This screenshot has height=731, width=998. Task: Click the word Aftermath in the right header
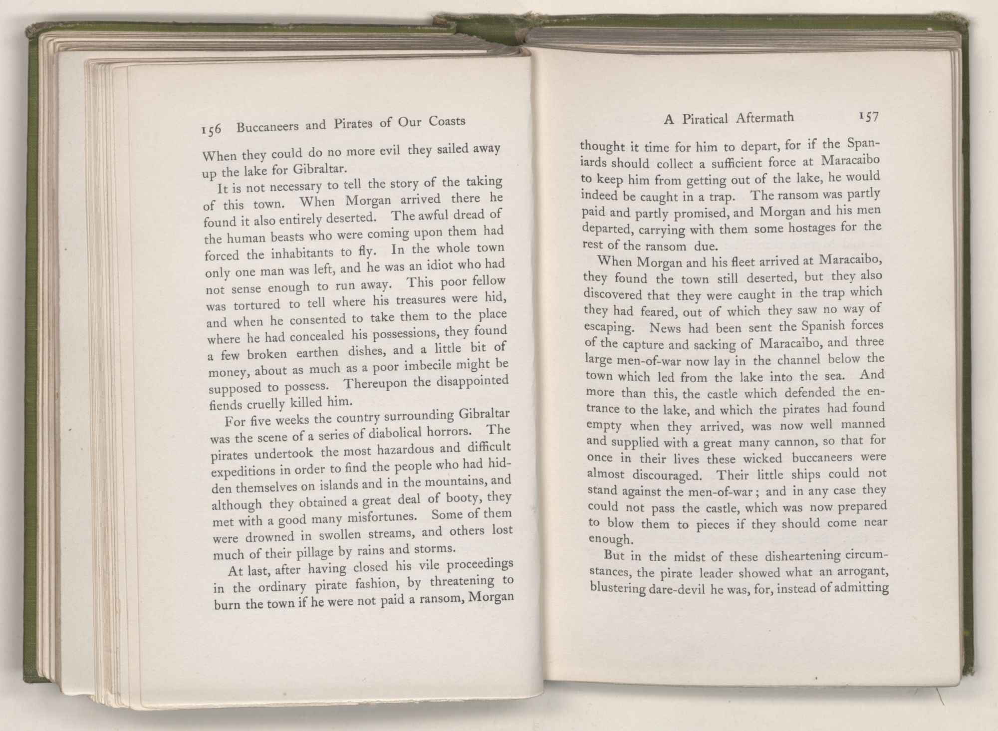[764, 118]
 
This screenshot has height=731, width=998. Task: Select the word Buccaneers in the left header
[267, 126]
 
